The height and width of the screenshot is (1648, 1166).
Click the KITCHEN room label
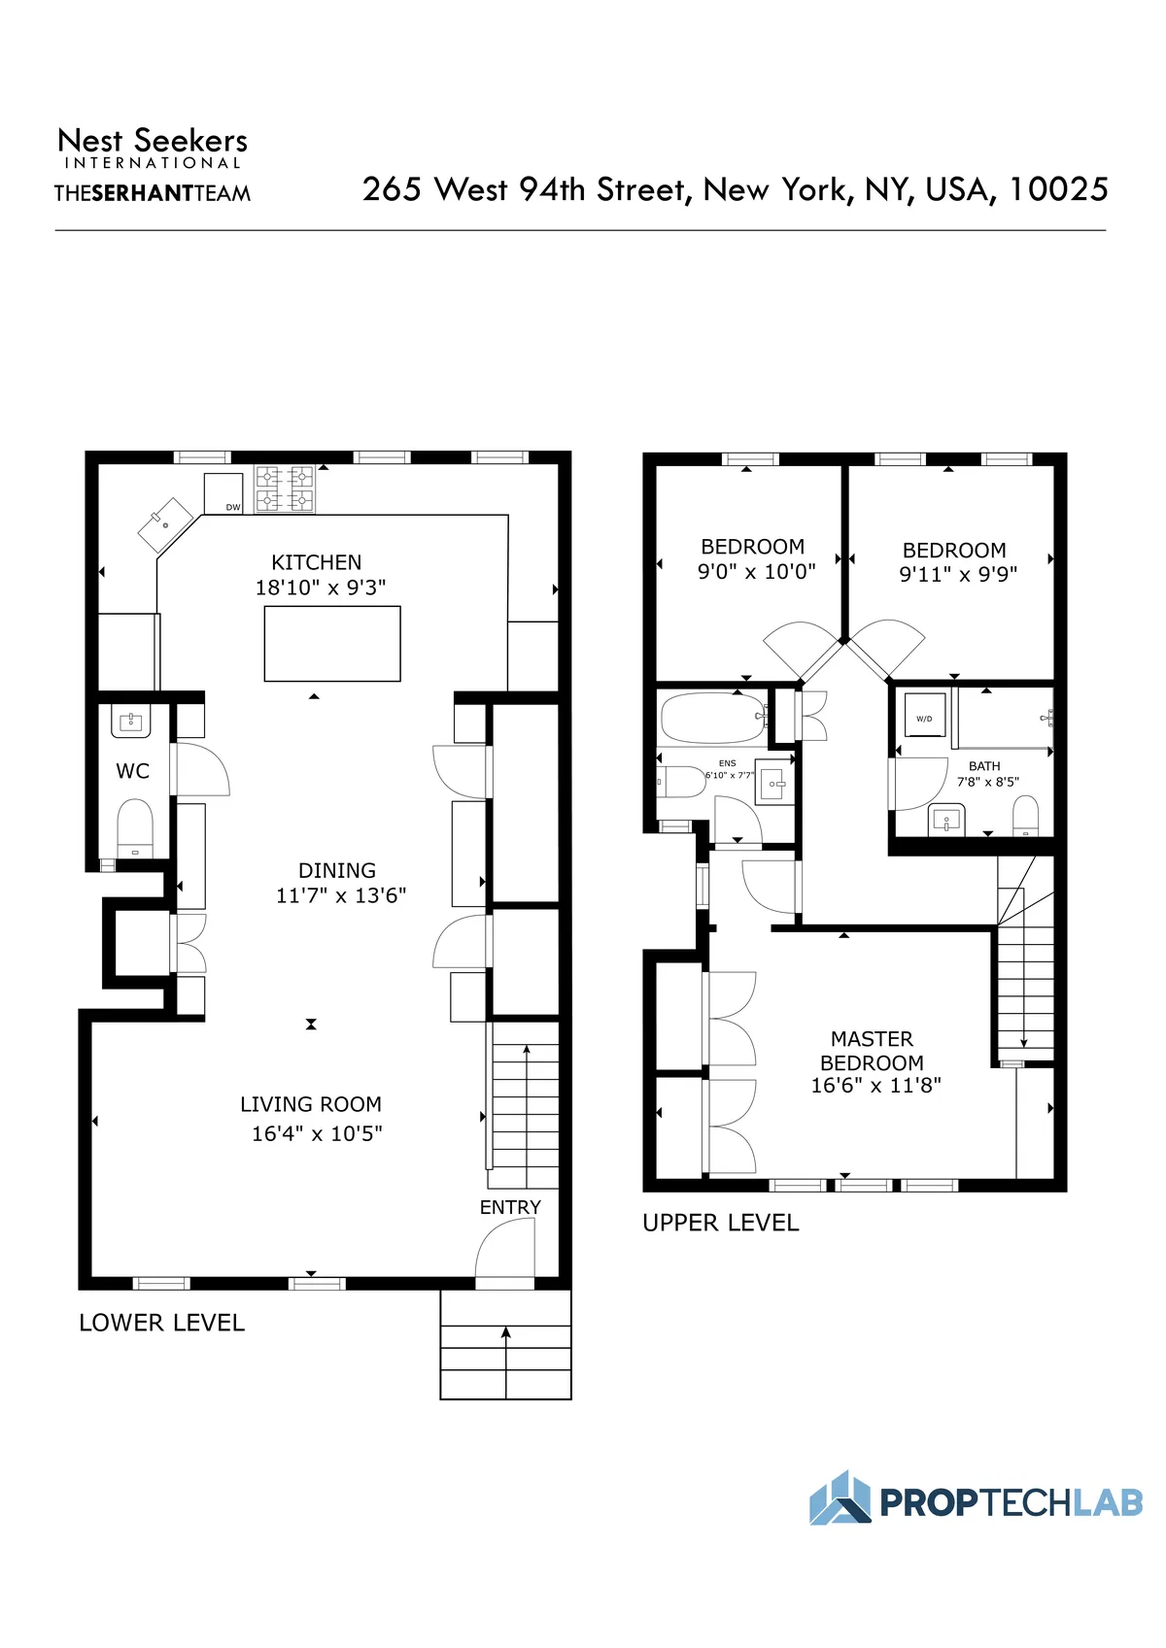[x=316, y=562]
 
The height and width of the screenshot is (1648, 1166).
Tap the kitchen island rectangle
[x=332, y=643]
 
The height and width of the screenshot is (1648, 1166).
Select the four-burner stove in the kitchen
[x=285, y=488]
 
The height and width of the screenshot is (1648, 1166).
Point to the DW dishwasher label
[x=233, y=507]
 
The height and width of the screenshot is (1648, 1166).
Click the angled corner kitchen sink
[x=165, y=525]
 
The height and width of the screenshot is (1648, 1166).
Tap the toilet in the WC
[x=135, y=827]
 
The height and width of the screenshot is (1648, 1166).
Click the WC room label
[x=132, y=771]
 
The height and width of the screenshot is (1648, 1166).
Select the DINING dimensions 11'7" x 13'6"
[x=340, y=895]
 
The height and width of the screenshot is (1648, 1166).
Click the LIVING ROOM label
[x=311, y=1104]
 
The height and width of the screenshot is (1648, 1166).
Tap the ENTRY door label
[x=510, y=1207]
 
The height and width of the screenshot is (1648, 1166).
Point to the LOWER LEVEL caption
[x=161, y=1323]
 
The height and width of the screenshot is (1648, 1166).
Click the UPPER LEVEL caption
[x=720, y=1223]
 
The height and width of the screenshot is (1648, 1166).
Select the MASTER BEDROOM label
[x=872, y=1051]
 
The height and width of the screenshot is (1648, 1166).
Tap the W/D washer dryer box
[x=924, y=719]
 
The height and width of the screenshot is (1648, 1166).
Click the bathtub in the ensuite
[x=712, y=718]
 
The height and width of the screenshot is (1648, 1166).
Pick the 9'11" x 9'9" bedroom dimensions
[x=958, y=574]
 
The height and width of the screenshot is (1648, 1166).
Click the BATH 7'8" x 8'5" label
[x=986, y=774]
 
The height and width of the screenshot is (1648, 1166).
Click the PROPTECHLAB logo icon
[x=840, y=1498]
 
